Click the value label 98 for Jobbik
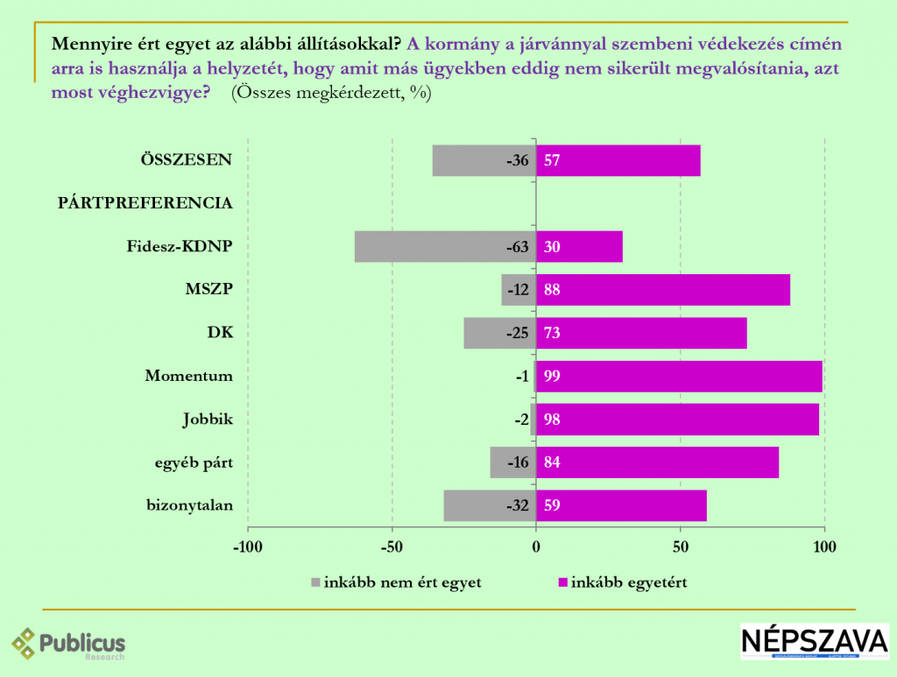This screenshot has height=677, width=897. point(552,420)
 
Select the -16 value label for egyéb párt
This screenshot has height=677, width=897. point(518,462)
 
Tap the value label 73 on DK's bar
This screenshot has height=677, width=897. point(552,334)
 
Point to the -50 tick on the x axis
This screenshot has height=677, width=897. point(392,548)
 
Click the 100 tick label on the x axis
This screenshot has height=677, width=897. point(824,548)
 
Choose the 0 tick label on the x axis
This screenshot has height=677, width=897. point(536,548)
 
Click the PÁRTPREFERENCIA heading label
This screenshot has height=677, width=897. point(145,203)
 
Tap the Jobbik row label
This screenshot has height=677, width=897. point(208,419)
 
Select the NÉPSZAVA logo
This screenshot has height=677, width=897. point(815,645)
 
